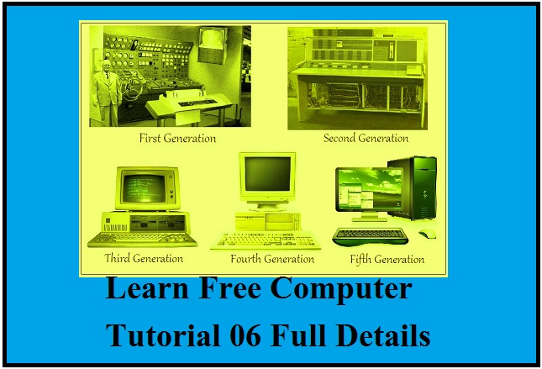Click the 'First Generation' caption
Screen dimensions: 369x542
pos(177,138)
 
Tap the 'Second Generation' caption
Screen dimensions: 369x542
pos(366,138)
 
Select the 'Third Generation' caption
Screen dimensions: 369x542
pos(143,258)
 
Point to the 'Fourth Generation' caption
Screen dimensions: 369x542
pos(272,259)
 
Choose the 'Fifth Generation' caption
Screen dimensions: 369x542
pos(387,259)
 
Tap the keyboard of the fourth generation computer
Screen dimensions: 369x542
pos(266,241)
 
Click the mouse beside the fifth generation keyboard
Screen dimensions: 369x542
pos(427,234)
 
